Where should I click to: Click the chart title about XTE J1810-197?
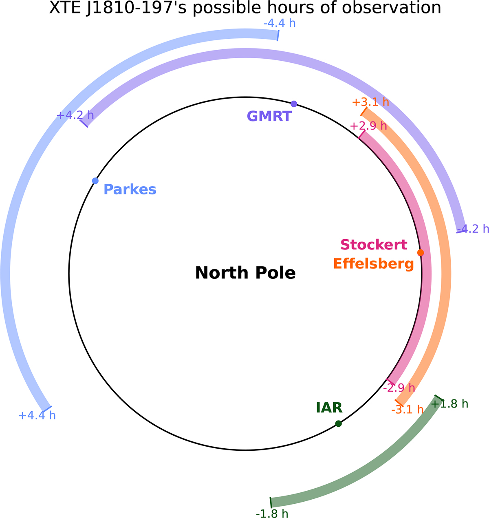[x=245, y=8]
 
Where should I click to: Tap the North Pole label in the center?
[x=245, y=273]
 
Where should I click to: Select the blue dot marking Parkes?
[x=95, y=181]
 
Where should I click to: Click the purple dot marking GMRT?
[x=294, y=104]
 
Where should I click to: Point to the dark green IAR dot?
[x=338, y=423]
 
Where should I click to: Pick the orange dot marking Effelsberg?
[x=421, y=253]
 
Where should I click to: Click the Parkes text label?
[x=130, y=190]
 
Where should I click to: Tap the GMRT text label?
[x=269, y=116]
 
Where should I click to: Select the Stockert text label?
[x=374, y=245]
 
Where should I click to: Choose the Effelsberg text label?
[x=373, y=264]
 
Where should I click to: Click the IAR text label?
[x=329, y=408]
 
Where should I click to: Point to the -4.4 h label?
[x=280, y=23]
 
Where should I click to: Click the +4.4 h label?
[x=37, y=415]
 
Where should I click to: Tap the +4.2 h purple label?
[x=75, y=115]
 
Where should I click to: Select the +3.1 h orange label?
[x=370, y=102]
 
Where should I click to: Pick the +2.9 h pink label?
[x=368, y=126]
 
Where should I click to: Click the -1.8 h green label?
[x=272, y=514]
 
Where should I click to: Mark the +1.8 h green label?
[x=449, y=404]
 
